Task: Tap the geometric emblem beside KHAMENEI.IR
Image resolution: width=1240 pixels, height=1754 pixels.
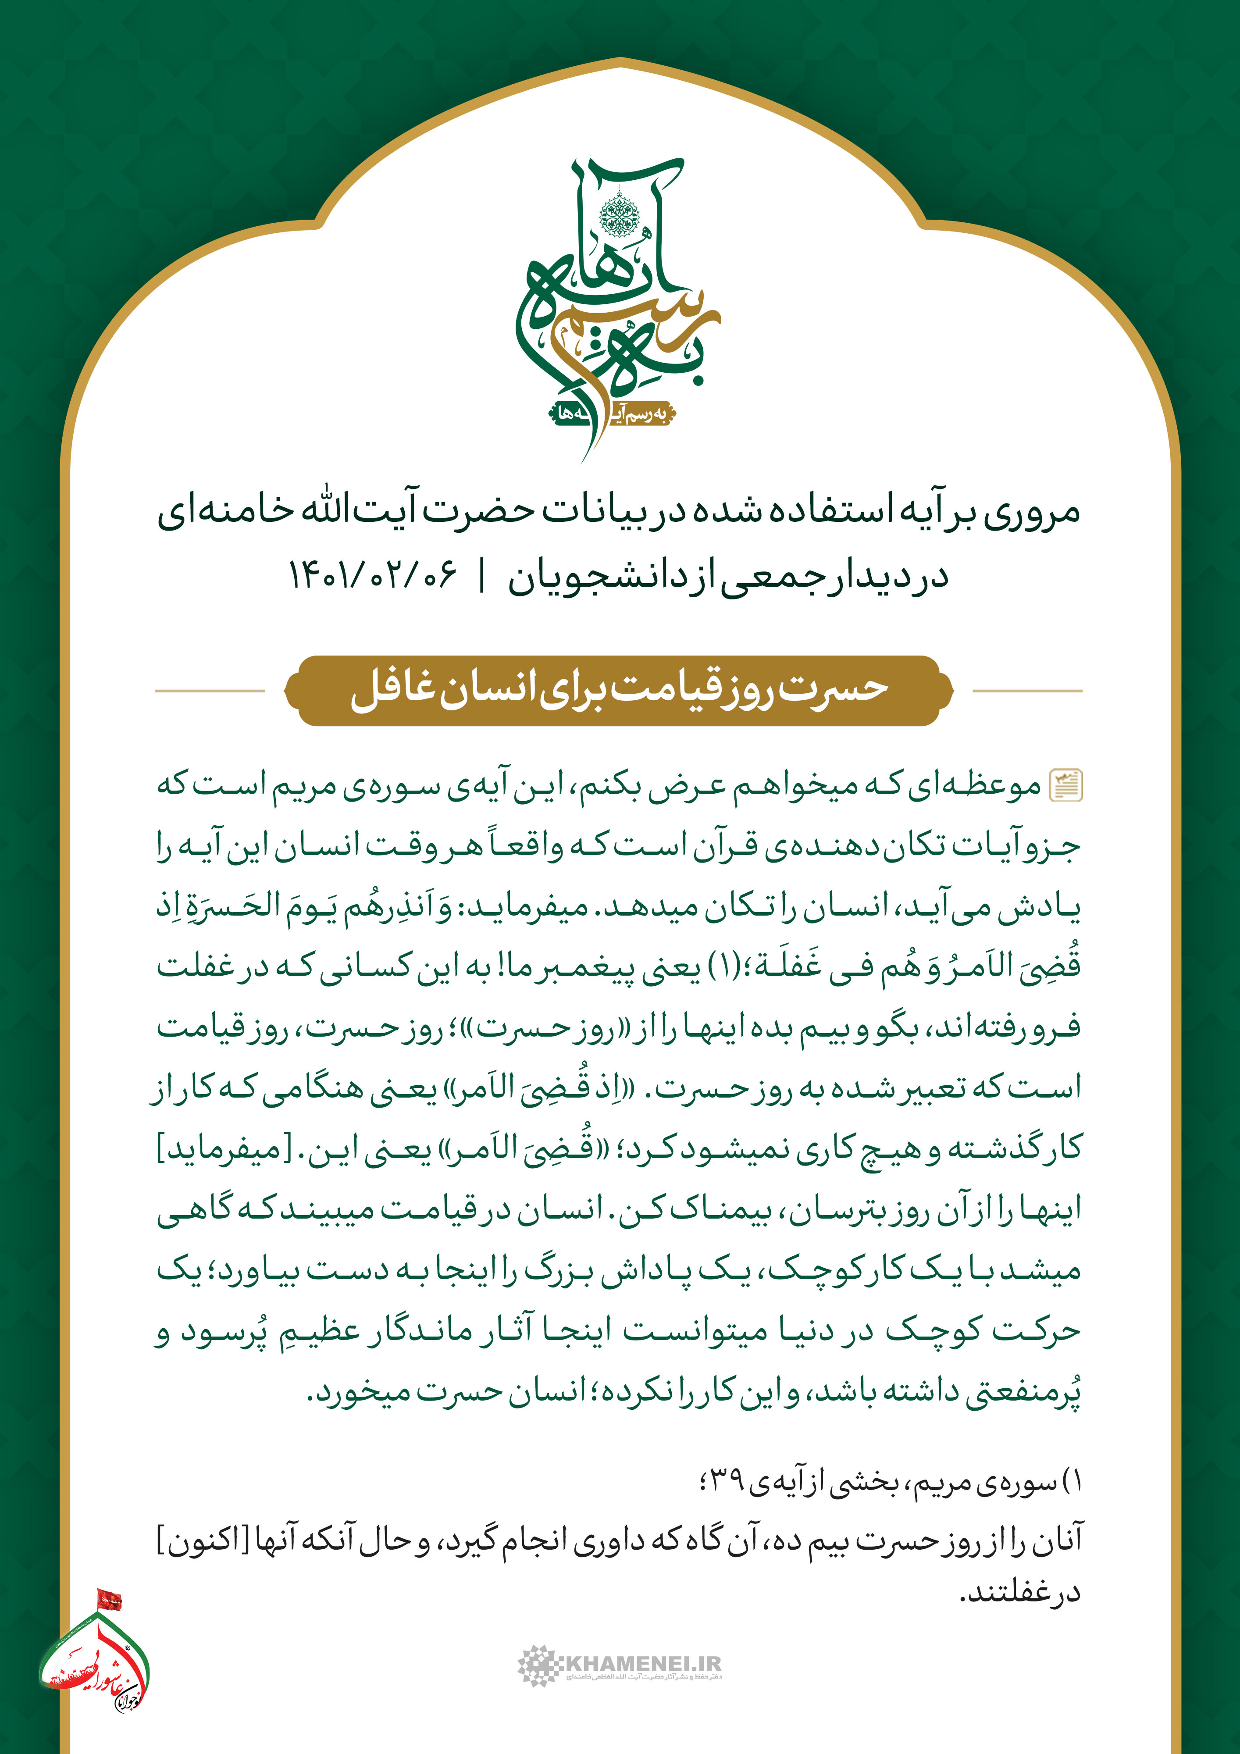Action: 538,1665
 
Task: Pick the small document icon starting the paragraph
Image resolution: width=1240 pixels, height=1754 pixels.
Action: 1066,784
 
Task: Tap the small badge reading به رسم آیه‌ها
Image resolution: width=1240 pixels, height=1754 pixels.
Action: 611,414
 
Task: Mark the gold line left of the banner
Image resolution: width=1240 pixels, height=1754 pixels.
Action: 210,691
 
